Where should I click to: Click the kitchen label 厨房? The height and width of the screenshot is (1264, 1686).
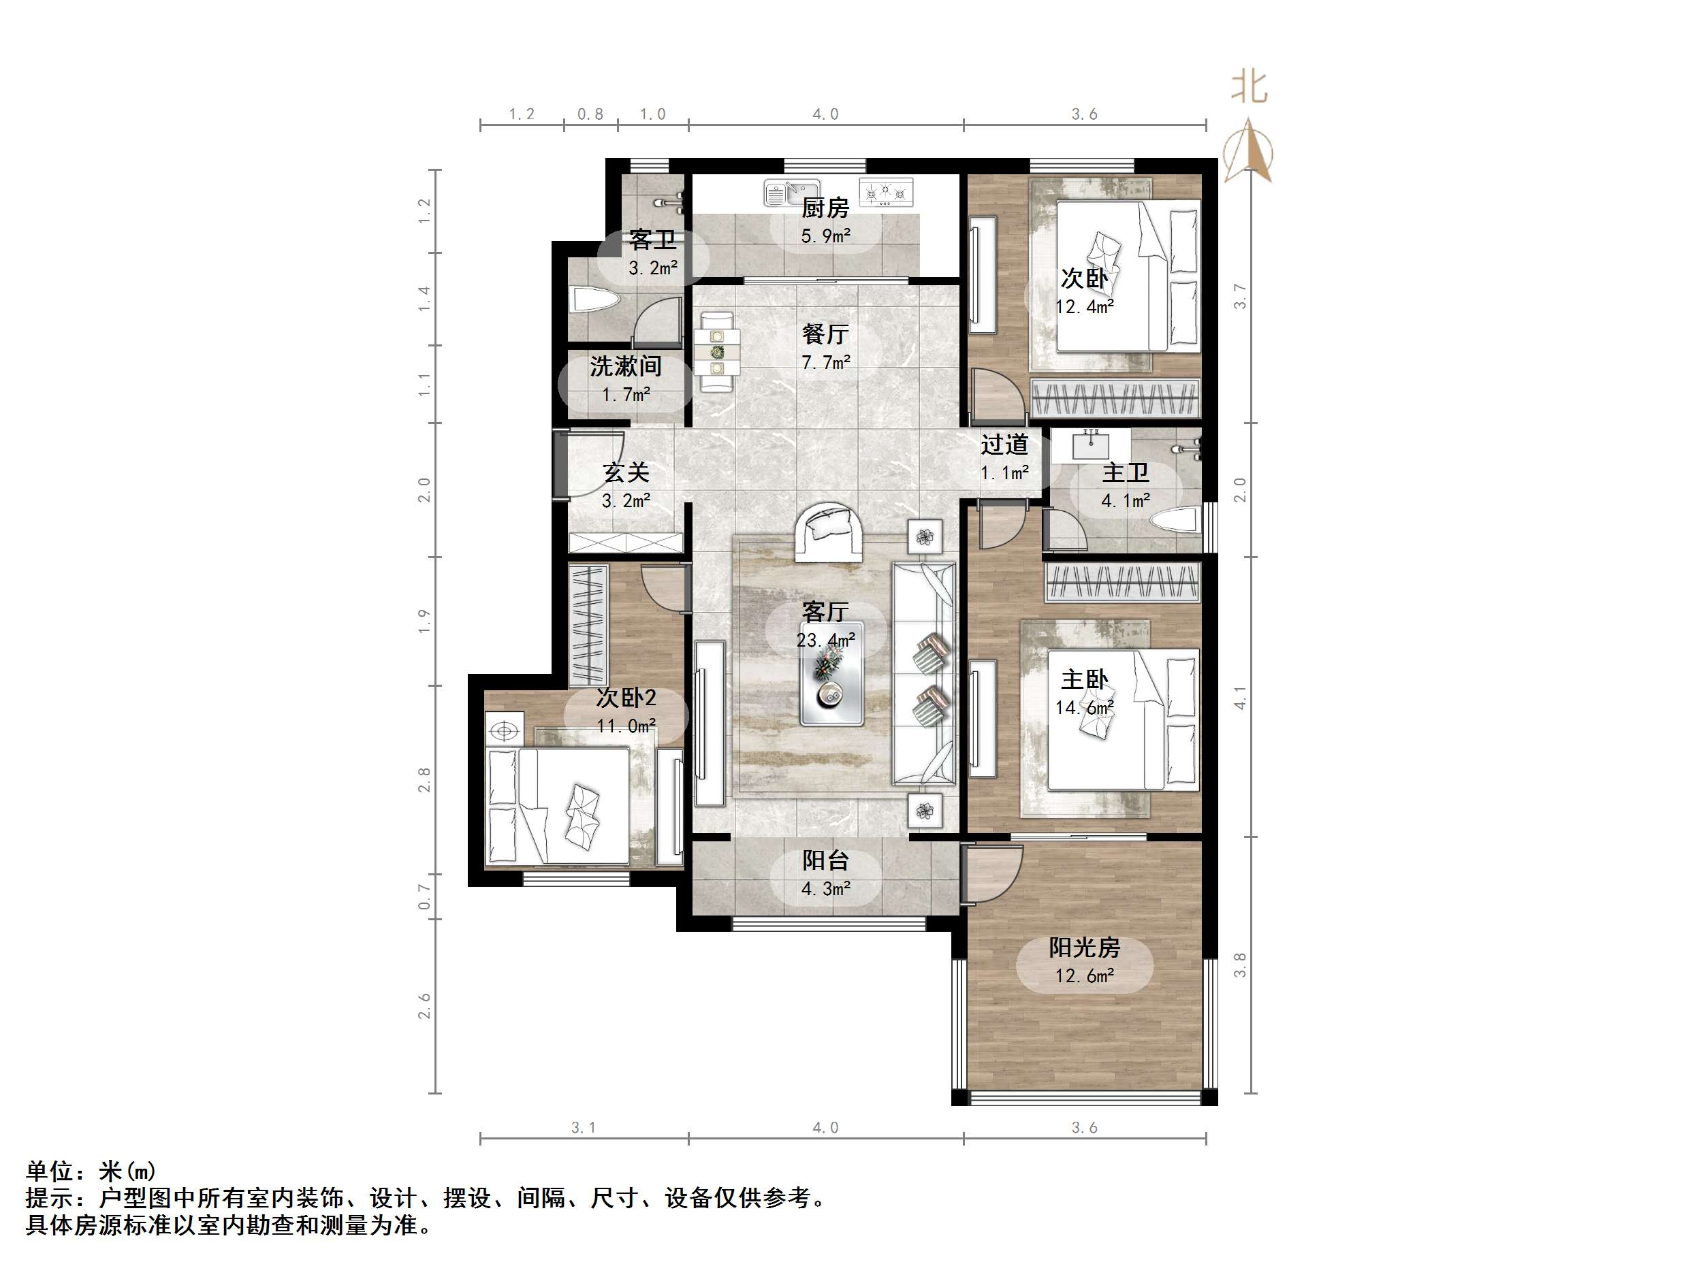point(825,207)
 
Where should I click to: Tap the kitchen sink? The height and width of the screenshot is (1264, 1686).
point(791,193)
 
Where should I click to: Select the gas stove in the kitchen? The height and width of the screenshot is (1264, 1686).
point(886,192)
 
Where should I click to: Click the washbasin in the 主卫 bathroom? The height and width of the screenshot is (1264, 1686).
point(1091,443)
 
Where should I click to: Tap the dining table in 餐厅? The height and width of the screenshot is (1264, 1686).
point(717,352)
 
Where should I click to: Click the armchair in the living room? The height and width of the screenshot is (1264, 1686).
point(829,531)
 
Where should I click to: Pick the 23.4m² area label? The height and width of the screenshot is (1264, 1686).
point(825,640)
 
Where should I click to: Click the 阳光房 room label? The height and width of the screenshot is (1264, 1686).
point(1084,947)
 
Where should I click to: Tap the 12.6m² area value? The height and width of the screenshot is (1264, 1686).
point(1084,975)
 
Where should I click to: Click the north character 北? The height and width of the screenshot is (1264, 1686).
point(1250,87)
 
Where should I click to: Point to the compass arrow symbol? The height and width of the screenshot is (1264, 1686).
point(1247,151)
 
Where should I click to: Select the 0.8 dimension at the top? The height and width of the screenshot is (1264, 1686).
point(590,114)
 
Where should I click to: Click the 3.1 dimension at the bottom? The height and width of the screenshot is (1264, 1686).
point(583,1127)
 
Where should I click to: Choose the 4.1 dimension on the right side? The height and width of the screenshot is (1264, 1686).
point(1240,698)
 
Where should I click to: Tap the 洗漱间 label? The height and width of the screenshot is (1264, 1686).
point(625,366)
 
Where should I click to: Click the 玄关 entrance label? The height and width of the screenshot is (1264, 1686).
point(626,472)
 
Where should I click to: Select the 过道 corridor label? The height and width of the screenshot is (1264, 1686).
point(1004,444)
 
